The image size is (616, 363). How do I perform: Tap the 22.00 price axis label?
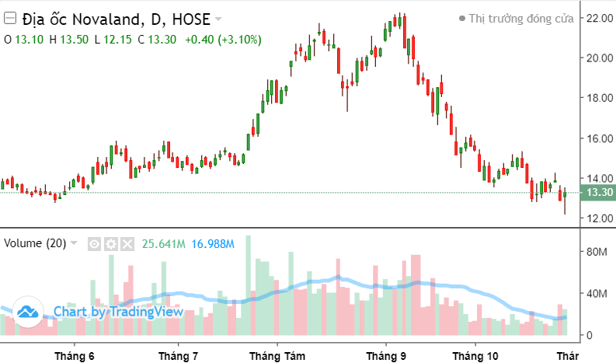click(599, 18)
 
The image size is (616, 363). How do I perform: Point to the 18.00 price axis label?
click(599, 98)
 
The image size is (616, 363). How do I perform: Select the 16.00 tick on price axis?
click(599, 138)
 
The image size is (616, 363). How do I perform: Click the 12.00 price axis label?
click(599, 218)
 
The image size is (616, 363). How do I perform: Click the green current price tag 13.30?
click(600, 193)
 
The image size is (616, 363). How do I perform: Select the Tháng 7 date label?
click(178, 356)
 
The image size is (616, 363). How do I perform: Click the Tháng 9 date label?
click(386, 356)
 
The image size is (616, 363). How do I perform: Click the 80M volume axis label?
click(597, 252)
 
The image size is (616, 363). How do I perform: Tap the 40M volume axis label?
click(597, 294)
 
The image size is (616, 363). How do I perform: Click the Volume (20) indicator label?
click(35, 243)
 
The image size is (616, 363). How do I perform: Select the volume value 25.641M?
click(163, 244)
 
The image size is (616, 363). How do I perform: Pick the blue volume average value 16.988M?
click(212, 244)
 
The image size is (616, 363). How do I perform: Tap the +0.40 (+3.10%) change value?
click(224, 39)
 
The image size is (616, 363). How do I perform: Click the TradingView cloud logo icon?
click(29, 312)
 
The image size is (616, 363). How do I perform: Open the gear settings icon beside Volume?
click(111, 244)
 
